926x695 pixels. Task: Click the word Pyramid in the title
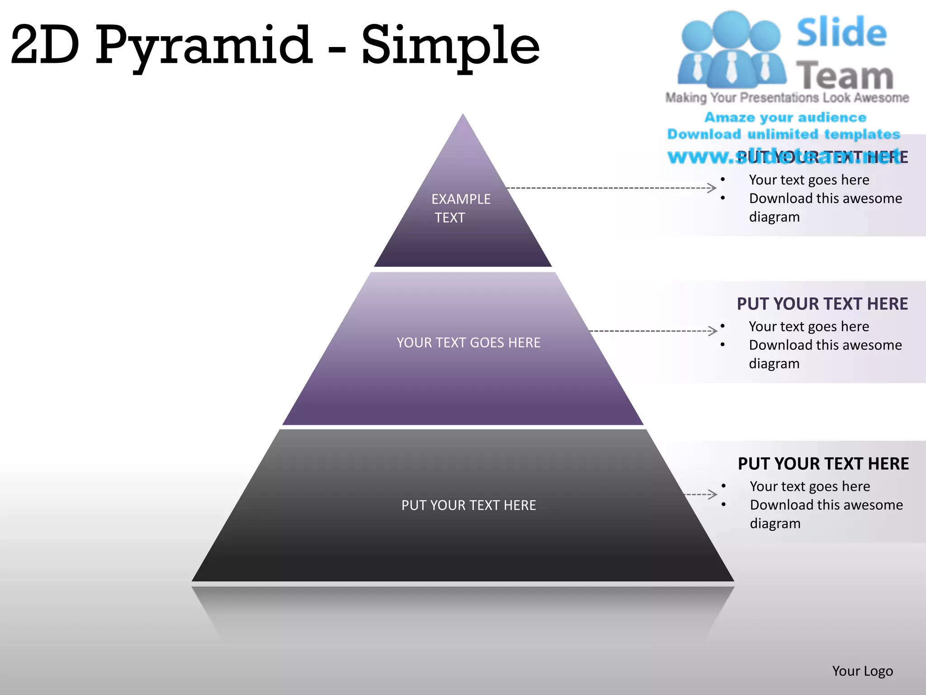(x=203, y=45)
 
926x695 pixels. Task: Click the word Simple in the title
(x=450, y=45)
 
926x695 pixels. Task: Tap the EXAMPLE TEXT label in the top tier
(x=460, y=208)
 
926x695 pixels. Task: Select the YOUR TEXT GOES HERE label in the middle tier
(x=468, y=343)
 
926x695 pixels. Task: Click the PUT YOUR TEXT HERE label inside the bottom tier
(x=468, y=505)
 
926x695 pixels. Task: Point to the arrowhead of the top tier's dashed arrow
(x=713, y=188)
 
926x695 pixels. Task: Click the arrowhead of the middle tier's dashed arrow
(x=713, y=331)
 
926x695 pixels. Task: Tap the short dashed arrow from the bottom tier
(x=701, y=494)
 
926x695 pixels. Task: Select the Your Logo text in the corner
(x=862, y=671)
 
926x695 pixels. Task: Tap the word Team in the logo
(x=845, y=76)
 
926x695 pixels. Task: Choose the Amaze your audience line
(x=785, y=118)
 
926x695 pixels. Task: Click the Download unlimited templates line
(x=784, y=134)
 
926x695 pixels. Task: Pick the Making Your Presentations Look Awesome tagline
(x=787, y=98)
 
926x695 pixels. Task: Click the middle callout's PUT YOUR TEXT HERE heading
(x=822, y=304)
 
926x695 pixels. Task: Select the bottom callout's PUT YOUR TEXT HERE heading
(x=823, y=464)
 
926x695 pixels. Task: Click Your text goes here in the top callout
(x=809, y=180)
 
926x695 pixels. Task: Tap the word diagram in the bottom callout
(x=775, y=524)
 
